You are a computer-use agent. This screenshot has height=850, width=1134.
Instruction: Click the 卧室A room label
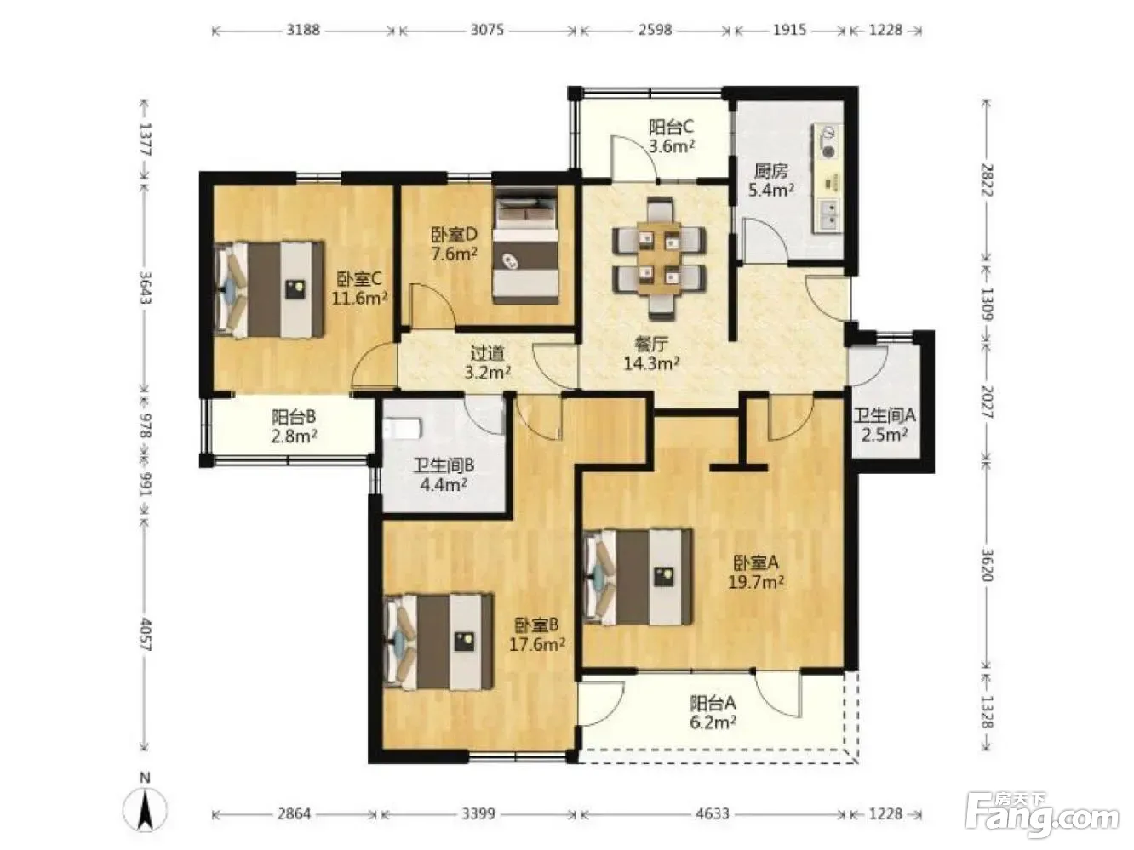point(755,562)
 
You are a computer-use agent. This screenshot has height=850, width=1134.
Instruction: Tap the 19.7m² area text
point(756,582)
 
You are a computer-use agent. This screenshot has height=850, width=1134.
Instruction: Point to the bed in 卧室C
point(269,289)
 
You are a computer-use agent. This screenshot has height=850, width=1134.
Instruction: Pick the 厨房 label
point(770,171)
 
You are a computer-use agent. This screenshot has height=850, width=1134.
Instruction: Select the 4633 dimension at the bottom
point(713,814)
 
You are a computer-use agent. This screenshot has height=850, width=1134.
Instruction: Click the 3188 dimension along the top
point(303,30)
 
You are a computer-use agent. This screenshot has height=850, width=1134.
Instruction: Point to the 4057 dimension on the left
point(146,634)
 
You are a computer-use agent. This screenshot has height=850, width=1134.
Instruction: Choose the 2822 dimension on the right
point(986,180)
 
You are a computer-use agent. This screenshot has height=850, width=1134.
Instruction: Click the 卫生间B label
point(444,465)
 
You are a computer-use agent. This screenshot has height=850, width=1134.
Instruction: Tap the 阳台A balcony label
point(713,703)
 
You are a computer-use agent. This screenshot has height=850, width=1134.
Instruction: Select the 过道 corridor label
point(487,353)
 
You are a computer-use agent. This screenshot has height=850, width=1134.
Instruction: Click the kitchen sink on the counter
point(829,214)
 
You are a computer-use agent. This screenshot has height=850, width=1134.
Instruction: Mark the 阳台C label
point(671,127)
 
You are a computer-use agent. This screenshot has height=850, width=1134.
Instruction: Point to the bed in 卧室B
point(438,642)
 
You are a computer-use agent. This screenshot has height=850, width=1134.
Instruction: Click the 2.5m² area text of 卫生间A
point(884,435)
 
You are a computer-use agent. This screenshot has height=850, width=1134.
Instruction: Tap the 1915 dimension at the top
point(789,30)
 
